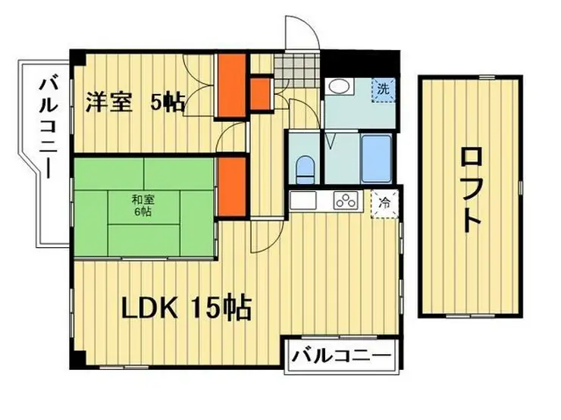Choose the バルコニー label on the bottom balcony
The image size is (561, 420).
point(341,355)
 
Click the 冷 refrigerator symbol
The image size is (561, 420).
point(384,202)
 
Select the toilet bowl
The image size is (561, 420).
point(304,169)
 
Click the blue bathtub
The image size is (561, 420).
point(375,159)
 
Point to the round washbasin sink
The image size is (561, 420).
point(338,88)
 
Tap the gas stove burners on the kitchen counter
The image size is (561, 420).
point(345,202)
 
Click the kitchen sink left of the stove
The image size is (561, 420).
point(303,202)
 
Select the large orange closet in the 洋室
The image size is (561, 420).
point(228,86)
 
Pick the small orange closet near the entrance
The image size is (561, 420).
point(261,92)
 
